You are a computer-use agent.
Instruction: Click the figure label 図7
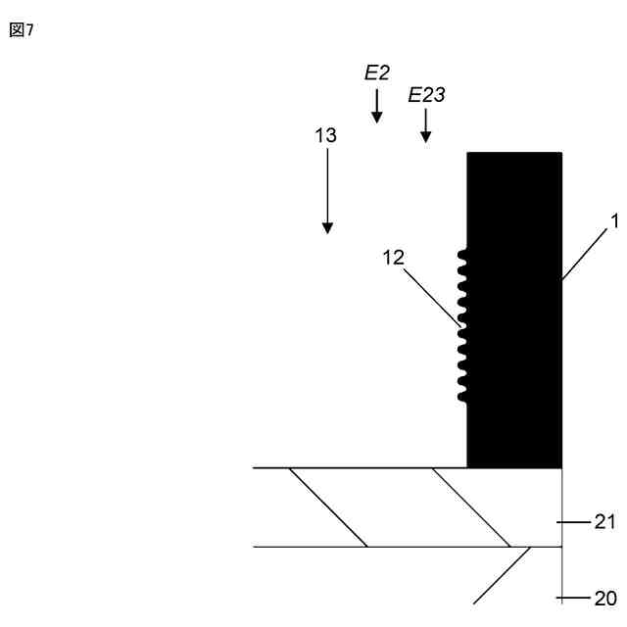[x=22, y=30]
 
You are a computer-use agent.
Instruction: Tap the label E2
[x=377, y=72]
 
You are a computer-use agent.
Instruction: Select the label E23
[x=426, y=95]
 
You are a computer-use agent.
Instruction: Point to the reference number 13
[x=325, y=136]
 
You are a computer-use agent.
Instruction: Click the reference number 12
[x=394, y=257]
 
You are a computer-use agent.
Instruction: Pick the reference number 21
[x=604, y=522]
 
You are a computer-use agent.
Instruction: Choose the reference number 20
[x=604, y=598]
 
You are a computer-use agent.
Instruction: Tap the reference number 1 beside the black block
[x=614, y=221]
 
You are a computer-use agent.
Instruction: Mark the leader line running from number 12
[x=431, y=295]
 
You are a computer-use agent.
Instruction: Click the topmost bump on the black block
[x=462, y=257]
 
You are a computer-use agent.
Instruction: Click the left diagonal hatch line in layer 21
[x=328, y=507]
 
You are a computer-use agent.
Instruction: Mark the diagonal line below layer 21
[x=503, y=575]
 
